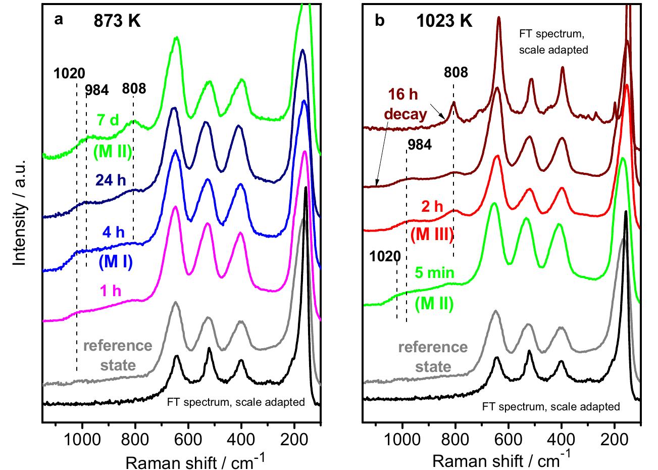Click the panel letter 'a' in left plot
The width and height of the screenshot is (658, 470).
(x=59, y=20)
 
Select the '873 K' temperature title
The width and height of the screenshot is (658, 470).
(x=117, y=21)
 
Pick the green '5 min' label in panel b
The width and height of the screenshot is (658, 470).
(x=434, y=273)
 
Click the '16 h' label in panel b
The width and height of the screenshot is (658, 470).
(x=402, y=95)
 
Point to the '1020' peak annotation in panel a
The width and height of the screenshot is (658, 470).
(x=69, y=73)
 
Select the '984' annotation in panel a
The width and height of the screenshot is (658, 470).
(x=96, y=90)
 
